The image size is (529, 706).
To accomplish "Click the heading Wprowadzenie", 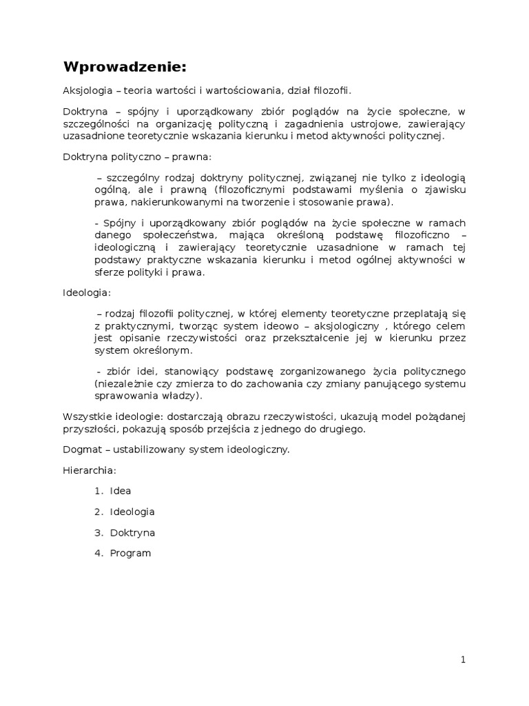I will pyautogui.click(x=125, y=67).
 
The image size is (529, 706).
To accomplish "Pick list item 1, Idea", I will pyautogui.click(x=120, y=491).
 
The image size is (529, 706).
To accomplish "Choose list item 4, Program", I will pyautogui.click(x=129, y=553).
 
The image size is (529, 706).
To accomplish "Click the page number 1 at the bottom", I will pyautogui.click(x=464, y=660).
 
